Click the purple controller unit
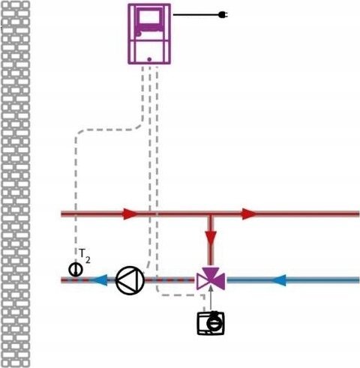tap(149, 34)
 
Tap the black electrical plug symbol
tap(223, 15)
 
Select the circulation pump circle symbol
tap(130, 280)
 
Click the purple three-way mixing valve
tap(211, 279)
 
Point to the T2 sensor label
tap(85, 256)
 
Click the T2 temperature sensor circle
tap(76, 269)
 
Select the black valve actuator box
tap(211, 323)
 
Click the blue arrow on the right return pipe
tap(278, 280)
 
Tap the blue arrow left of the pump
tap(100, 280)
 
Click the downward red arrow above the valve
tap(211, 238)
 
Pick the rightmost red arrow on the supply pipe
tap(249, 214)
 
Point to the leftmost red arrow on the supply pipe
tap(130, 214)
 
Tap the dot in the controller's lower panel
tap(149, 59)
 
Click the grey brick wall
tap(16, 184)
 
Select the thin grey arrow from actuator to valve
tap(211, 298)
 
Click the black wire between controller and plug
tap(196, 15)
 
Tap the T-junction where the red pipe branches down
tap(211, 214)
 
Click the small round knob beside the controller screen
tap(139, 34)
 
